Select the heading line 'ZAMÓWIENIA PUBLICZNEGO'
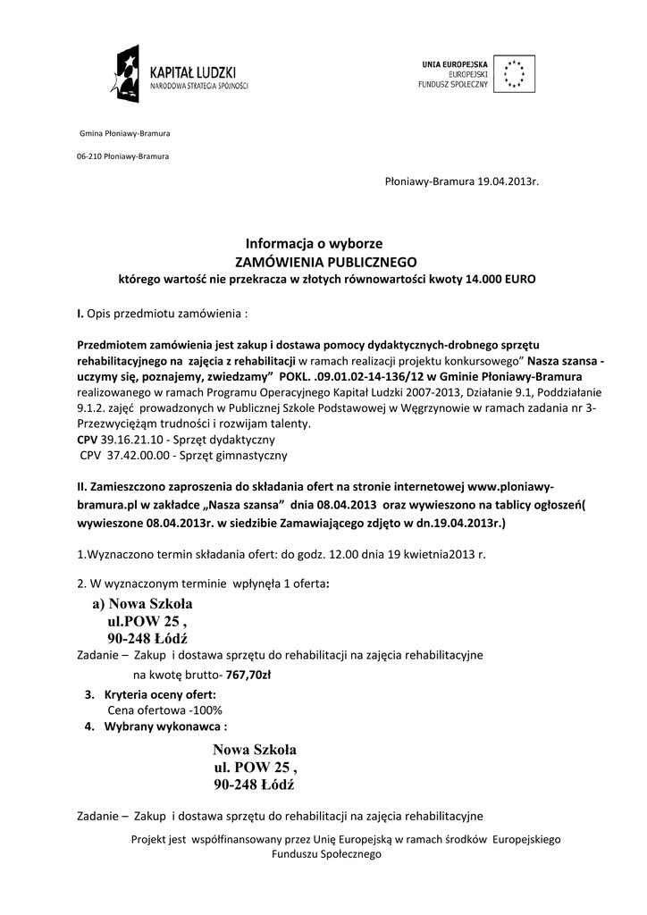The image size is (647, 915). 325,262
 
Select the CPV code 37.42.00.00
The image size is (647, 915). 136,455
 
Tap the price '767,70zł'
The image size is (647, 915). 249,675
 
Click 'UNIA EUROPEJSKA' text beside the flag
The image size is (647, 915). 455,63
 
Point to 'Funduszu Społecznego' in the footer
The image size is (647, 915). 326,854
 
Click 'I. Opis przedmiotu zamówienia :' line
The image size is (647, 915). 161,314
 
